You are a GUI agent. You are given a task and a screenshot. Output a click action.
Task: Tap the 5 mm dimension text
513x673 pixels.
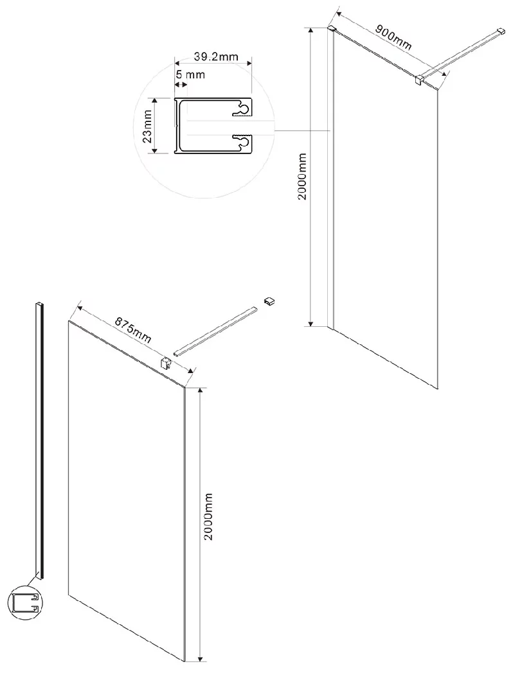(190, 74)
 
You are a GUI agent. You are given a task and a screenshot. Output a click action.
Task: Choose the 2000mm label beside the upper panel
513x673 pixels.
(302, 176)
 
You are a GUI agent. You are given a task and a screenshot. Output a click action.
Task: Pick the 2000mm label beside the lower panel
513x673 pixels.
(208, 516)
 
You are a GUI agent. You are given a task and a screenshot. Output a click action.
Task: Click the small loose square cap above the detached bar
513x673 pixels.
(269, 301)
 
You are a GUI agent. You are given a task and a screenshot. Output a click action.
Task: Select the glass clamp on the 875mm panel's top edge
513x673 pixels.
(166, 363)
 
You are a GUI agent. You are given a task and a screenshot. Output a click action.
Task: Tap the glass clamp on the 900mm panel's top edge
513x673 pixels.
(420, 80)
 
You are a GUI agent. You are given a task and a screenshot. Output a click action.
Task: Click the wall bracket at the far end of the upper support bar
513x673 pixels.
(500, 31)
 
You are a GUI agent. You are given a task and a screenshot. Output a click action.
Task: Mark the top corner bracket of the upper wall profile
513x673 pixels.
(332, 29)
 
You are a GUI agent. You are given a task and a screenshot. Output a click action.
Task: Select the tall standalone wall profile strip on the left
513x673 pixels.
(39, 441)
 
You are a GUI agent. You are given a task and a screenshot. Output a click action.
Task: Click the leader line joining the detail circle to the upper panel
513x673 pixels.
(302, 130)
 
